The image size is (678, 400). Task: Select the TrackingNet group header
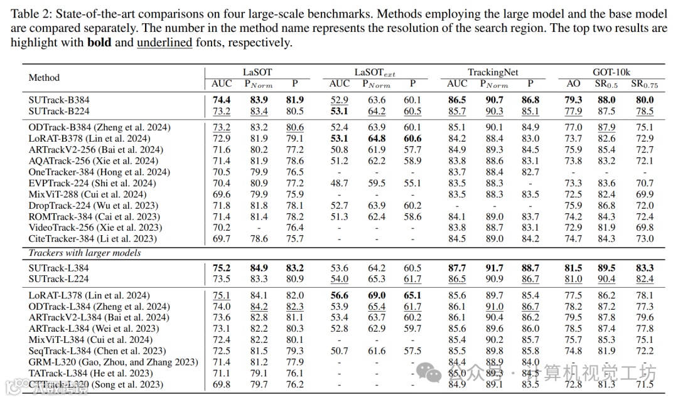[493, 73]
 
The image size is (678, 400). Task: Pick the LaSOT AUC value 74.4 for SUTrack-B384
[222, 100]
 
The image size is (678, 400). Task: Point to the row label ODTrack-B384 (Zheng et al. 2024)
[99, 127]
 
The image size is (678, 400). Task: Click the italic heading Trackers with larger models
[85, 253]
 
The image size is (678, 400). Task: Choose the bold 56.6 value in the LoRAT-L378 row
[340, 295]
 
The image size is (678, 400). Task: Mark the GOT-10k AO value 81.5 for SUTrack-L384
[573, 268]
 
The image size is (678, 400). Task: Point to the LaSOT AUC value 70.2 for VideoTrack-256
[222, 228]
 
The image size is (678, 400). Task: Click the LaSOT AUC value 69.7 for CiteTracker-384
[222, 239]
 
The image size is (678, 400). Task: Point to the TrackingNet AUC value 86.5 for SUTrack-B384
[457, 100]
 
